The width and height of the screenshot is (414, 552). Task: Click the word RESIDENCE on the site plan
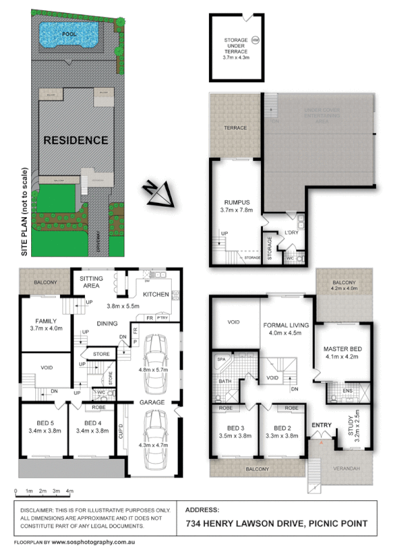tap(76, 140)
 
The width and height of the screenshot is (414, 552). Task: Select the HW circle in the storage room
tap(256, 40)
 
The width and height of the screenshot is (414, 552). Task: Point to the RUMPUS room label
tap(237, 203)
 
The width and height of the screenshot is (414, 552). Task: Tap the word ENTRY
tap(322, 424)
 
